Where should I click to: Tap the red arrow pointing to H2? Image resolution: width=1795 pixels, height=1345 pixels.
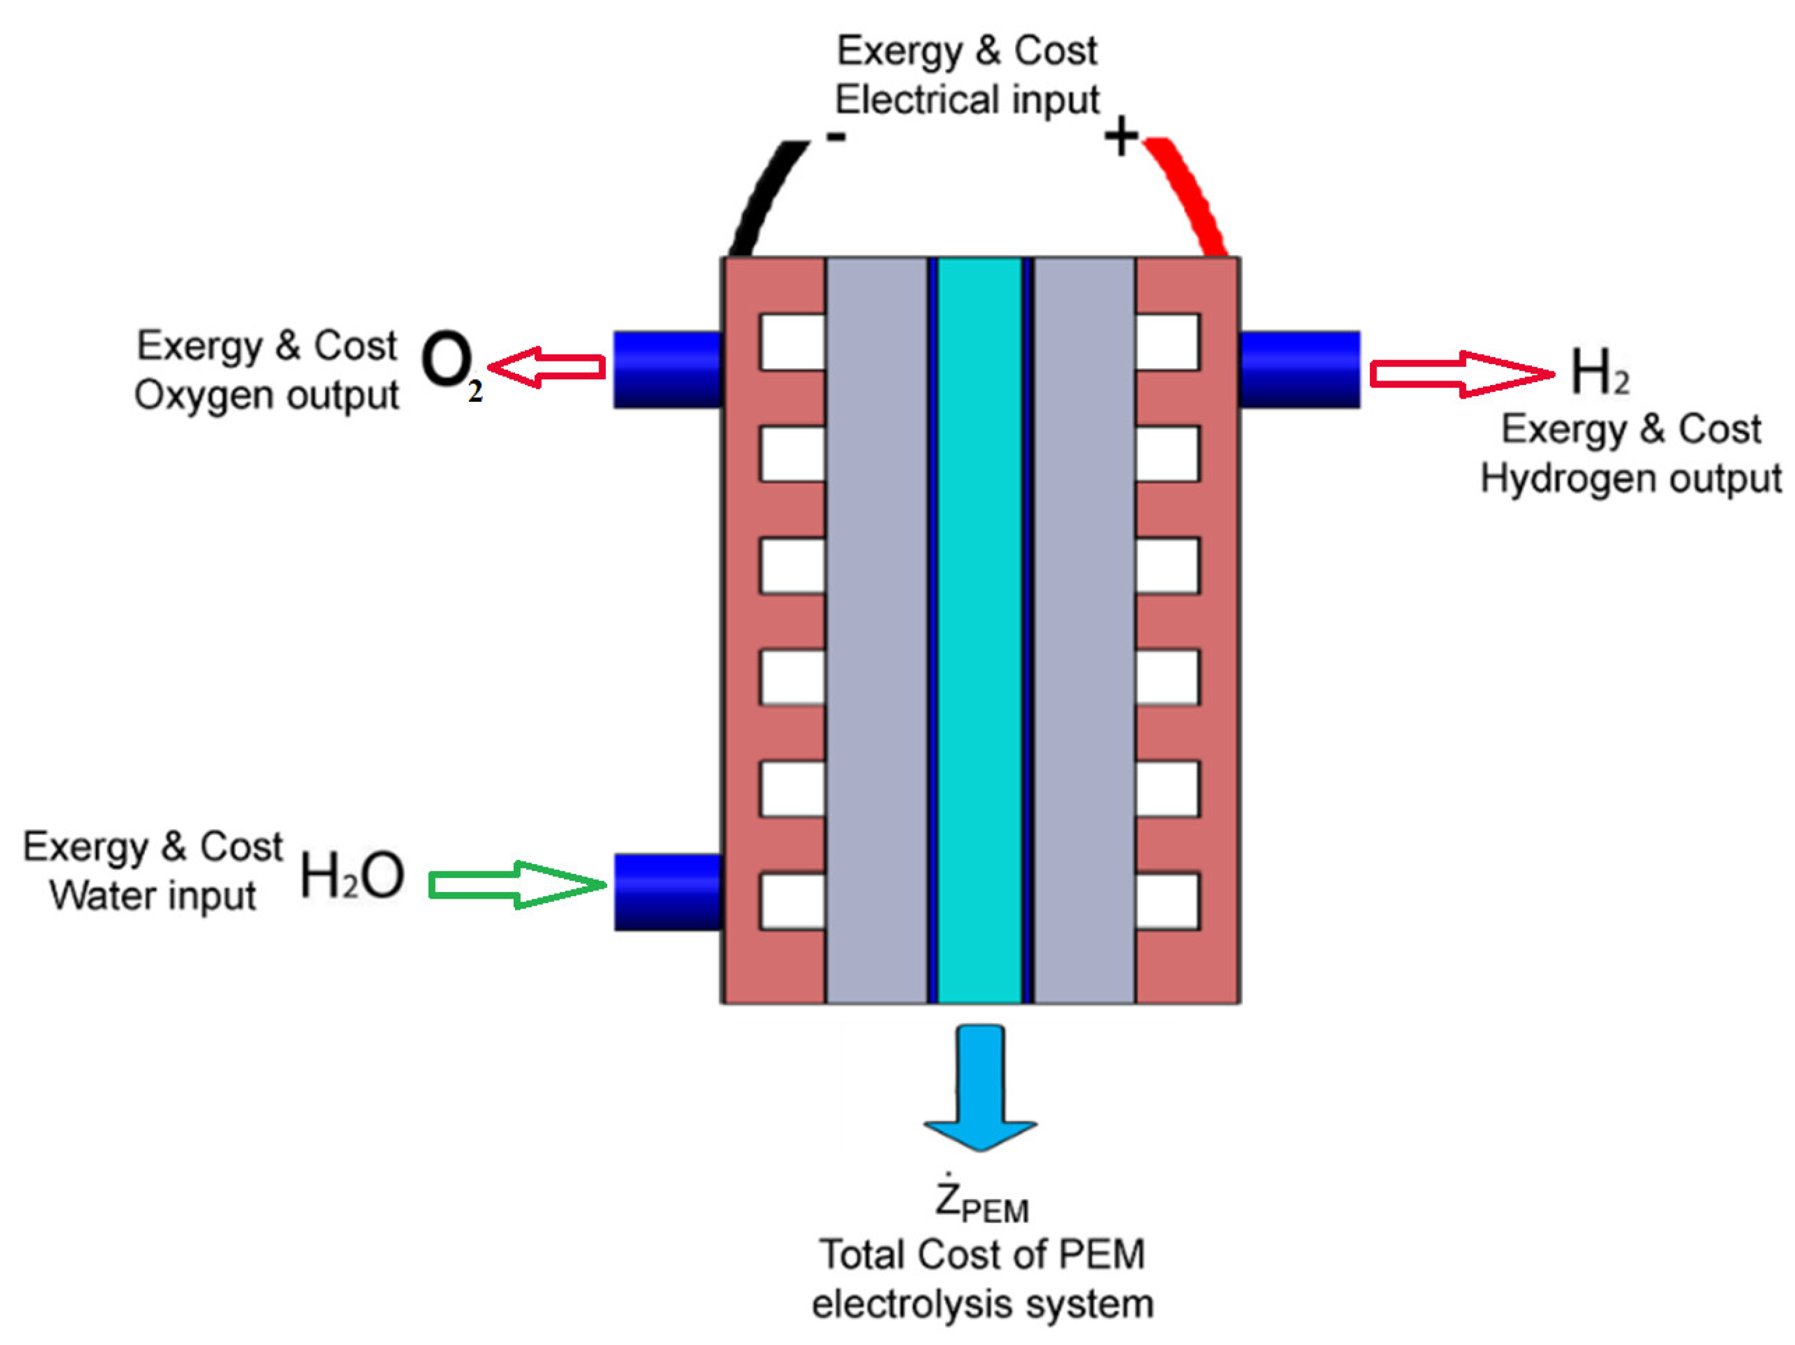1461,374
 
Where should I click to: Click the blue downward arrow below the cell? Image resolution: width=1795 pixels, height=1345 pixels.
980,1088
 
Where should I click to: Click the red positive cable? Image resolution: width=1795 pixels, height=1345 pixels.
1189,195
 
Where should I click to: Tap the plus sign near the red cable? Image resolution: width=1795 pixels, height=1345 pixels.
1122,136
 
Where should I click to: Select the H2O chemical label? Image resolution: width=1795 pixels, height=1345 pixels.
352,876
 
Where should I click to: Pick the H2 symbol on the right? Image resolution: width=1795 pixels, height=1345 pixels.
1599,373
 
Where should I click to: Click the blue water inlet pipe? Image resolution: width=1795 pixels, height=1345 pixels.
667,892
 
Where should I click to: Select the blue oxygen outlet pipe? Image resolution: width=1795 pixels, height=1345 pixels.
667,370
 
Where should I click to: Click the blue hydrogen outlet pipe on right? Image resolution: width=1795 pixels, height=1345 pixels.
1299,370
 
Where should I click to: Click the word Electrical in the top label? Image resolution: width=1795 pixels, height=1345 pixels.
908,101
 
